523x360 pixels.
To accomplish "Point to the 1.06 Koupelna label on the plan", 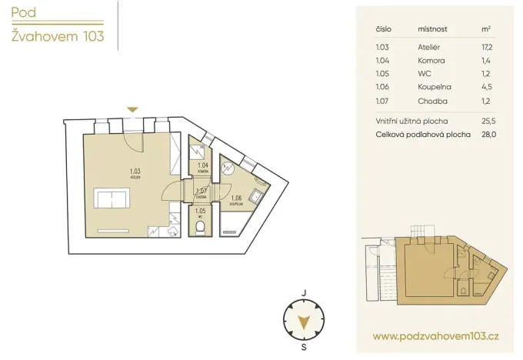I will tap(237, 199).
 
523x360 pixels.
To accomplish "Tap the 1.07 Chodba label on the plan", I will tap(202, 192).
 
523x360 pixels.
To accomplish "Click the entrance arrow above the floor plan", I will tap(132, 110).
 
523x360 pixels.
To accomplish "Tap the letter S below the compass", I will tap(305, 347).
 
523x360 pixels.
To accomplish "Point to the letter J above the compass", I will tap(305, 293).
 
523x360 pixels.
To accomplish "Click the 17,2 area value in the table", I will tap(485, 48).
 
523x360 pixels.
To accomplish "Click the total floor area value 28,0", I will tap(485, 134).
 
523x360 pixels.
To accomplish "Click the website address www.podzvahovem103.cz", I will tap(436, 336).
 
